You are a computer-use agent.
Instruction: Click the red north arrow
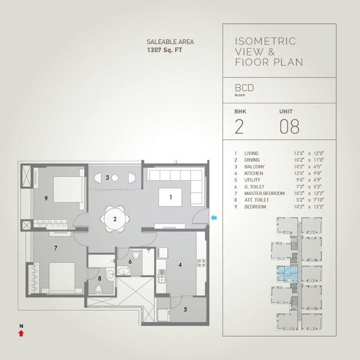[x=21, y=333]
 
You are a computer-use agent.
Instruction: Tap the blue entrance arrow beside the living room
[x=214, y=217]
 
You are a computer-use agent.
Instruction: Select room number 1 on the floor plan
[x=171, y=197]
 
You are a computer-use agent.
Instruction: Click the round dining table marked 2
[x=114, y=218]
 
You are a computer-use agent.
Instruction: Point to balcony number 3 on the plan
[x=107, y=178]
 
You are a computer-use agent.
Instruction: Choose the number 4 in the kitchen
[x=180, y=265]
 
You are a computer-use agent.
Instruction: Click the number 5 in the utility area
[x=185, y=309]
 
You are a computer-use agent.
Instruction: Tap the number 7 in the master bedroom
[x=55, y=248]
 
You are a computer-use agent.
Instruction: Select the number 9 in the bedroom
[x=46, y=198]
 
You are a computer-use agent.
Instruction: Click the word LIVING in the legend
[x=251, y=153]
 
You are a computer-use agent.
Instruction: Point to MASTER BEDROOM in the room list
[x=264, y=193]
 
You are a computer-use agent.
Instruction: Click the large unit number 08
[x=289, y=127]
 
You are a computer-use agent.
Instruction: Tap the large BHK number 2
[x=239, y=127]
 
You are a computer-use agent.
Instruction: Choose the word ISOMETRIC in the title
[x=265, y=41]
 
